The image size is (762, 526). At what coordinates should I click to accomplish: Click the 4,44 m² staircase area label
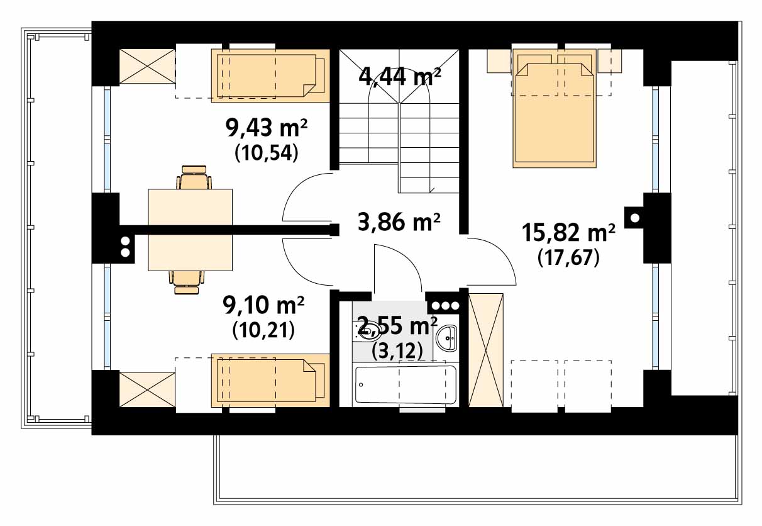pyautogui.click(x=400, y=77)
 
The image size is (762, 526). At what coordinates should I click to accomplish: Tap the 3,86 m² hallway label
pyautogui.click(x=399, y=221)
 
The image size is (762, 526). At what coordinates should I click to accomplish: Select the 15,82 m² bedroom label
pyautogui.click(x=568, y=233)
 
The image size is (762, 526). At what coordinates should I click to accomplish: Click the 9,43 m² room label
pyautogui.click(x=267, y=128)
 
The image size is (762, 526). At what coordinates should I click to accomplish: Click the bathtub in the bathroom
pyautogui.click(x=406, y=384)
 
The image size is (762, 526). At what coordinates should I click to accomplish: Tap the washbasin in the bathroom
pyautogui.click(x=446, y=338)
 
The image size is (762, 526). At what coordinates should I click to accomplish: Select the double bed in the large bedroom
pyautogui.click(x=555, y=108)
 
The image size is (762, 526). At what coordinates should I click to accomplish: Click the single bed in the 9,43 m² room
pyautogui.click(x=271, y=76)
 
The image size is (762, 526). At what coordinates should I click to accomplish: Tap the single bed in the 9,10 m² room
pyautogui.click(x=271, y=380)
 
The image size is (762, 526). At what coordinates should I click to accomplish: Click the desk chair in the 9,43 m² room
pyautogui.click(x=194, y=177)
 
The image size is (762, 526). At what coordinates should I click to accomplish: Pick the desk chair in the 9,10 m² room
pyautogui.click(x=187, y=283)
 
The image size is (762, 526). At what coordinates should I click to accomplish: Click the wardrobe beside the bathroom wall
pyautogui.click(x=486, y=350)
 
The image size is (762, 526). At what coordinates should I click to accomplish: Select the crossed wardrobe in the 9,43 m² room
pyautogui.click(x=147, y=66)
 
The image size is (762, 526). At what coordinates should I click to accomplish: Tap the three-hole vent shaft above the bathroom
pyautogui.click(x=446, y=305)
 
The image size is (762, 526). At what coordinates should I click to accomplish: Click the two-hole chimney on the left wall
pyautogui.click(x=125, y=247)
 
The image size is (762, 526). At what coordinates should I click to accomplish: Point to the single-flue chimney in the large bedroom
pyautogui.click(x=635, y=218)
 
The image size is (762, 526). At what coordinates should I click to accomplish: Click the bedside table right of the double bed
pyautogui.click(x=610, y=60)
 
